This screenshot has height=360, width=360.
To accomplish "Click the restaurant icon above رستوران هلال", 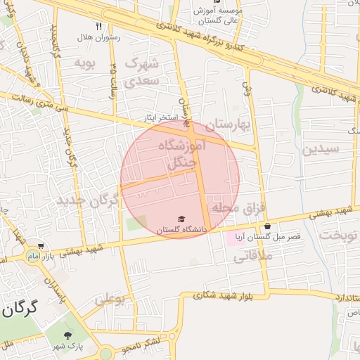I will [98, 27].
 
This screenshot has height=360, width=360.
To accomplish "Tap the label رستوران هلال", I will [99, 37].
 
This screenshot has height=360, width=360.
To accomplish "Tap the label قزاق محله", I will [243, 208].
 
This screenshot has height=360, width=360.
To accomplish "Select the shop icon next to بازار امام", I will [41, 247].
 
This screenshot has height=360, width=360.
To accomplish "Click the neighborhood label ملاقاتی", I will [250, 258].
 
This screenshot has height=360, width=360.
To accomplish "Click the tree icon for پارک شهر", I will [68, 336].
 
